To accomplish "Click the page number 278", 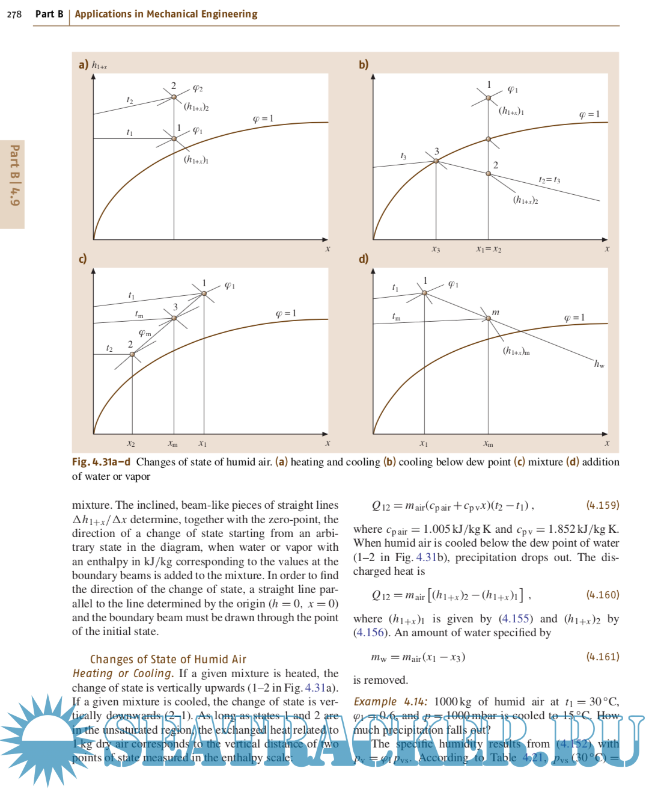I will [14, 14].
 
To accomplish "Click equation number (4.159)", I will [602, 505].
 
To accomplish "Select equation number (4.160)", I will [602, 595].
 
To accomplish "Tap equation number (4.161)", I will [602, 657].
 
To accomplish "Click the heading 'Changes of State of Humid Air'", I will [168, 659].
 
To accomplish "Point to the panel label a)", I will [84, 64].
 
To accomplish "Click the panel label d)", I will [364, 259].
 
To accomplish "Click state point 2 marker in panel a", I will [174, 97].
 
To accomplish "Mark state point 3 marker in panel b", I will [436, 161].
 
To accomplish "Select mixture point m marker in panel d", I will [488, 319].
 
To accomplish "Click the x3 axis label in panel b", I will [436, 249].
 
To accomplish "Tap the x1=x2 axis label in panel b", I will [489, 249].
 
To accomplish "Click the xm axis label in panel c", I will [172, 444].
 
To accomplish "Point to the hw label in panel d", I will [599, 364].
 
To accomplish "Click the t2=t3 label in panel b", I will [549, 180].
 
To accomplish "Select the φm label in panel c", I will [145, 333].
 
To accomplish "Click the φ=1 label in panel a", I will [263, 118].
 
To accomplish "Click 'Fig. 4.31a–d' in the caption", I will [101, 462].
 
